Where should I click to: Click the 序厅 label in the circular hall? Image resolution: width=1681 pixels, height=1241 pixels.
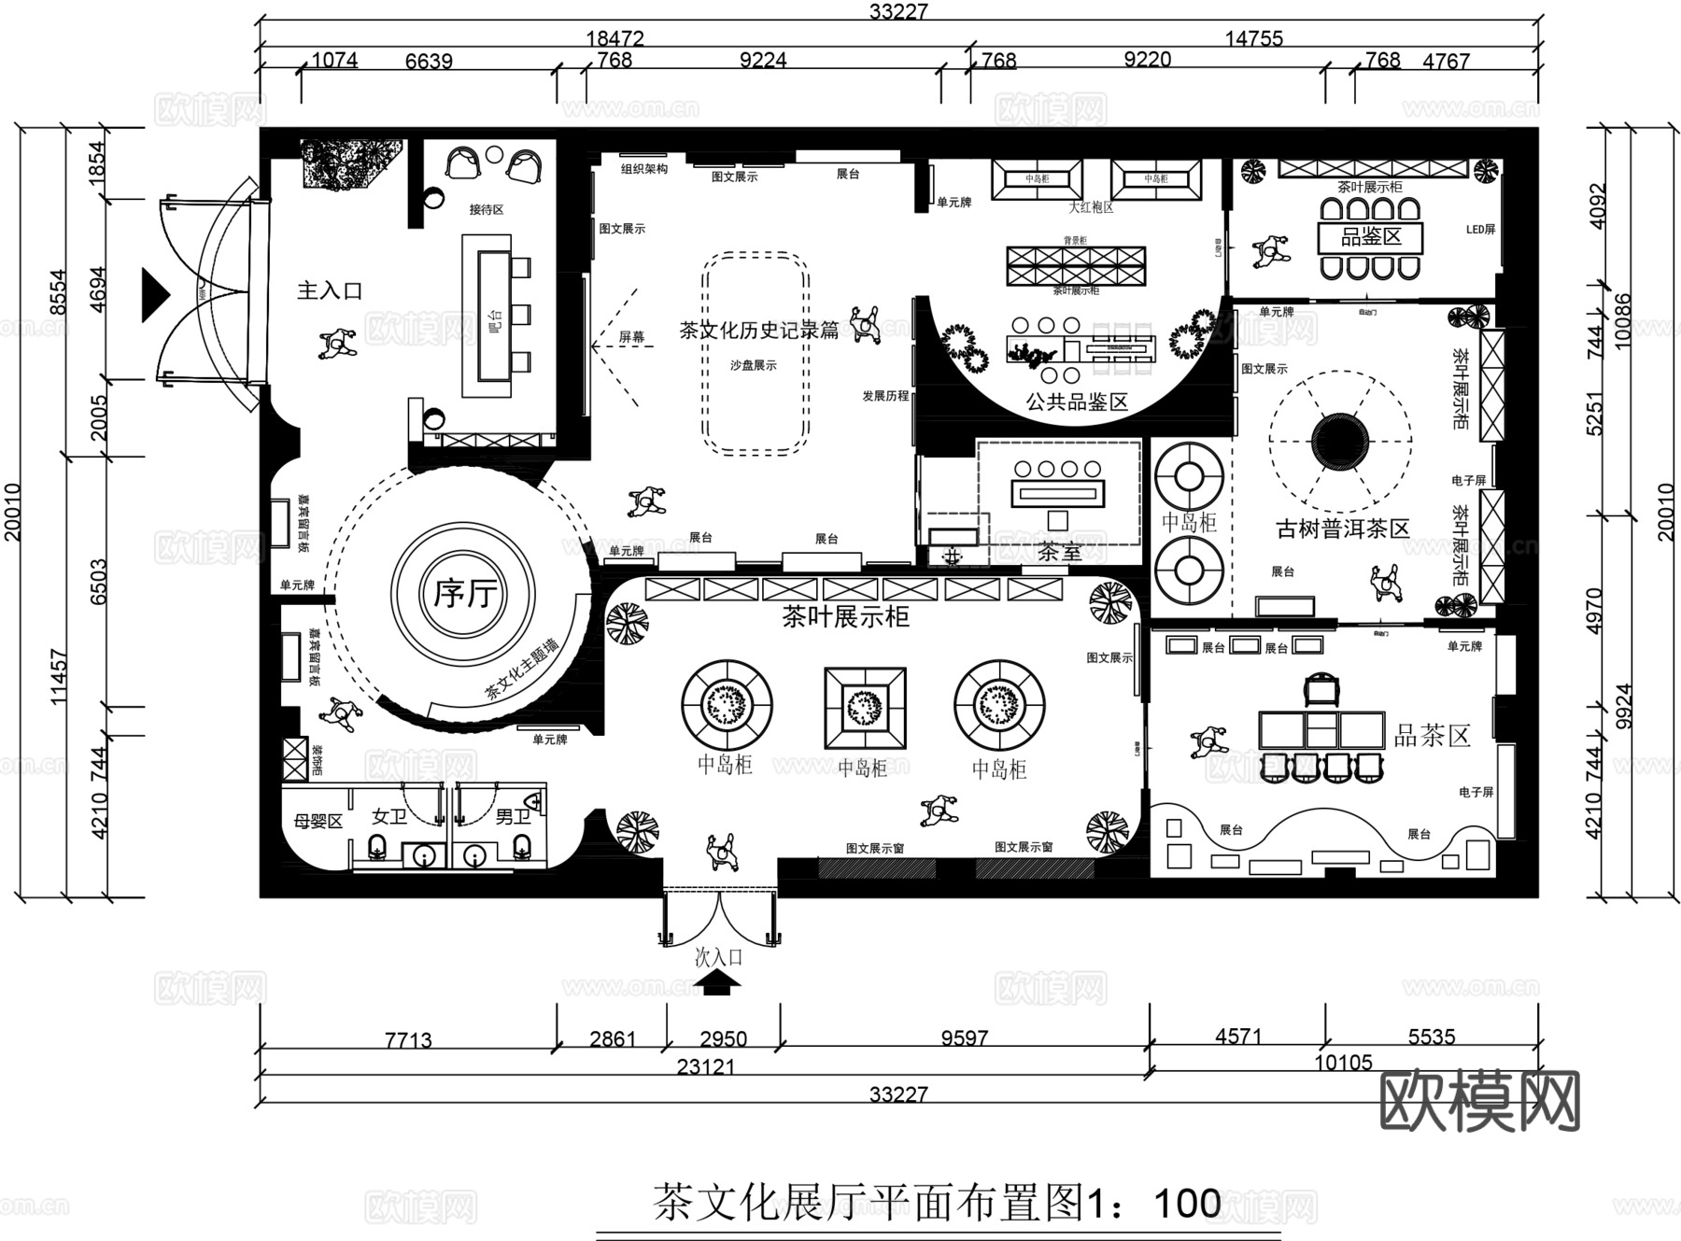[x=463, y=593]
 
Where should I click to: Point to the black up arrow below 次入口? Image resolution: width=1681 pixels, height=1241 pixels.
[x=717, y=982]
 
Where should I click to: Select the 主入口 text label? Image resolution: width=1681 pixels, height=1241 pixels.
[x=330, y=291]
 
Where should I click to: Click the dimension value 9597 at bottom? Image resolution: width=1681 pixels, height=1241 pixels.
[x=964, y=1038]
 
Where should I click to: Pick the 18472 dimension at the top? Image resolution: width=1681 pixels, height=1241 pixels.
[x=614, y=38]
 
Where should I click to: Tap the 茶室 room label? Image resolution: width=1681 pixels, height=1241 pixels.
[x=1059, y=552]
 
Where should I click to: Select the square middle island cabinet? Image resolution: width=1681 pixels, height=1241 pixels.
[x=865, y=707]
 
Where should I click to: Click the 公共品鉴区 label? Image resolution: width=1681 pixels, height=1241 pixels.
[x=1077, y=402]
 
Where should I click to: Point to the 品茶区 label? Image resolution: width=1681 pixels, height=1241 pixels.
[x=1432, y=736]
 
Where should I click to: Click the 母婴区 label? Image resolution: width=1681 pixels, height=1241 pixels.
[x=318, y=822]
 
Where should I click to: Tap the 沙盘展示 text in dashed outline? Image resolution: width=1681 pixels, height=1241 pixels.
[x=754, y=365]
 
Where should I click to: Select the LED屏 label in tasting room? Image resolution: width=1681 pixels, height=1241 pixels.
[x=1480, y=230]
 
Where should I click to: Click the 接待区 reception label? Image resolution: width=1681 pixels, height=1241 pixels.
[x=486, y=210]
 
